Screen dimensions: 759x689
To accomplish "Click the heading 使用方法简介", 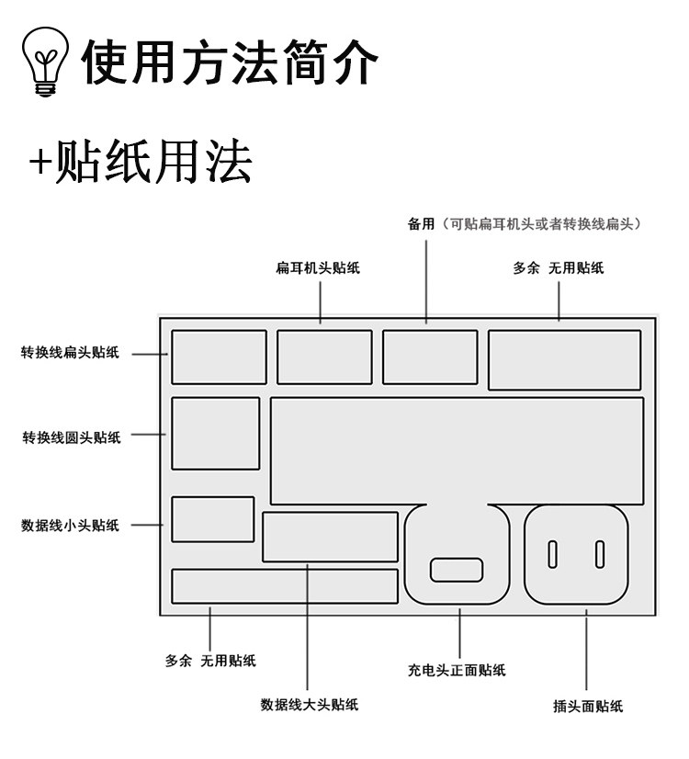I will tap(230, 64).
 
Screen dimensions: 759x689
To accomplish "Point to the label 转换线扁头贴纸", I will tap(71, 352).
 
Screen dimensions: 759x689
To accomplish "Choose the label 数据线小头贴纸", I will tap(71, 526).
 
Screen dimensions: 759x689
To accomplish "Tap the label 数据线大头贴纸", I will tap(309, 705).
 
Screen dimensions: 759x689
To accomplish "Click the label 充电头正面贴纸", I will tap(457, 670).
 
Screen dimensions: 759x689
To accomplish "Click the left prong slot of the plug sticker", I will tap(553, 554).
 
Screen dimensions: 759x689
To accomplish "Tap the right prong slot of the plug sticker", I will tap(600, 554).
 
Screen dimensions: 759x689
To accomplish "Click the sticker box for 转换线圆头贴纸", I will tap(216, 434).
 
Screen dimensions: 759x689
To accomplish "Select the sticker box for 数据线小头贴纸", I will tap(213, 519).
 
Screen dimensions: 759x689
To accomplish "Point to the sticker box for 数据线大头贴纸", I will tap(330, 538).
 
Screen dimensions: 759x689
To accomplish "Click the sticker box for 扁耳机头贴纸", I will tap(324, 357).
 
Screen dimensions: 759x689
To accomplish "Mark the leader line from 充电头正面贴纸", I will tap(459, 634).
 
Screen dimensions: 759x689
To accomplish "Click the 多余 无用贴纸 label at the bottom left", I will tap(210, 661).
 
